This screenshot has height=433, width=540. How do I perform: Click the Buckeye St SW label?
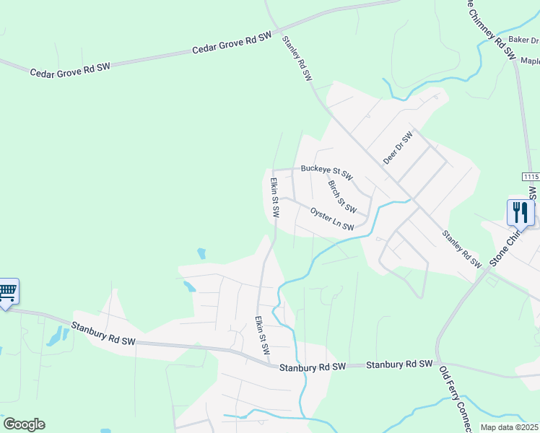326,172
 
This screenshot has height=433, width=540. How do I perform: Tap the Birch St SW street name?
342,197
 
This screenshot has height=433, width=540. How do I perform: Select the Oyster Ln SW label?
332,219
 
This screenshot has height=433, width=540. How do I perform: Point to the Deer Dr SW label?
397,148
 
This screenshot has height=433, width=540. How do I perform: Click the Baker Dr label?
523,40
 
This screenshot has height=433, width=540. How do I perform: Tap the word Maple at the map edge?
529,61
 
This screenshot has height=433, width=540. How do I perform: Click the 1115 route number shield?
531,177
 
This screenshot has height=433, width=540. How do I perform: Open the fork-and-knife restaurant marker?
520,212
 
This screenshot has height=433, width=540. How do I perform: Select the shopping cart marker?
7,292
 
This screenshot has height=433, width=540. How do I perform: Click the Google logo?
24,424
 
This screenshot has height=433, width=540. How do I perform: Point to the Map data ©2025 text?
510,427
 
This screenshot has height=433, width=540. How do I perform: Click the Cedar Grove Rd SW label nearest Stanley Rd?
232,45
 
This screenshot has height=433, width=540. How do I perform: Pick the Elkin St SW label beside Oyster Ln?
275,199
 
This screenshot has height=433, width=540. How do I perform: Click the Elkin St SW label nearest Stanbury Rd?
261,334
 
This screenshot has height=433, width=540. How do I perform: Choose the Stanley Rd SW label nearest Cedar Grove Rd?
297,58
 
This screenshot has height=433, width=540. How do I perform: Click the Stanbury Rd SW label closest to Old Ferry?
399,365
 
